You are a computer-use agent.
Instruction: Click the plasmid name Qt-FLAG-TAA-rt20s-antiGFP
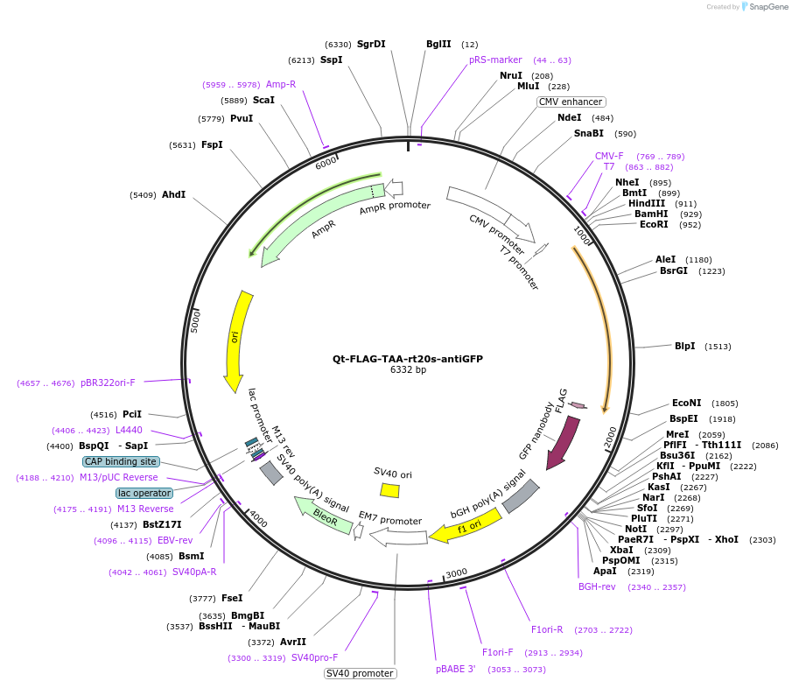pos(407,359)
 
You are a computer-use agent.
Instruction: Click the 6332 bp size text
pos(408,370)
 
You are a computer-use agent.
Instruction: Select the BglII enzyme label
pos(438,45)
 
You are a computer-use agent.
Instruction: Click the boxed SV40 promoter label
pos(360,673)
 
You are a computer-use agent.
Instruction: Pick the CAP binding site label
pos(121,461)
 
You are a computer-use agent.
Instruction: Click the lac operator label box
pos(144,493)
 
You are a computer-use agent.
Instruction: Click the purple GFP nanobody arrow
pos(563,442)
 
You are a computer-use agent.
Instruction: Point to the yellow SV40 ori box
pos(390,490)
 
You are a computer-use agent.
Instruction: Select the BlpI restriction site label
pos(685,346)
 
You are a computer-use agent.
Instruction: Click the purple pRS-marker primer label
pos(495,60)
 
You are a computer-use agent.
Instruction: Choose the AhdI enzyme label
pos(173,194)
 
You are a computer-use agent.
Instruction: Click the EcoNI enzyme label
pos(687,404)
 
